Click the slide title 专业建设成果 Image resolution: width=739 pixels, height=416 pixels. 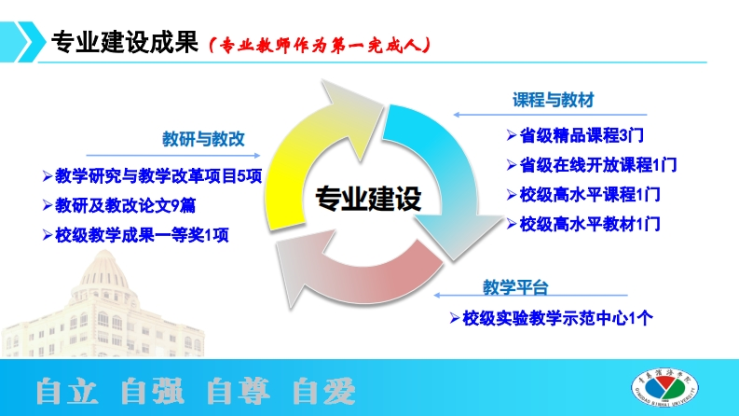click(x=124, y=42)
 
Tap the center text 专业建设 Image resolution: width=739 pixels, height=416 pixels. click(x=368, y=199)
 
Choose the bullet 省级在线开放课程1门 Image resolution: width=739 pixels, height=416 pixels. click(x=591, y=165)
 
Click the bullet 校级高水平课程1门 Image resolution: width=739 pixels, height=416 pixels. click(x=583, y=195)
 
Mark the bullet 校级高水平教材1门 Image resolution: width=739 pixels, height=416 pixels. click(x=583, y=224)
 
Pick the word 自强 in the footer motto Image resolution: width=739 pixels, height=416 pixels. click(x=152, y=391)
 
